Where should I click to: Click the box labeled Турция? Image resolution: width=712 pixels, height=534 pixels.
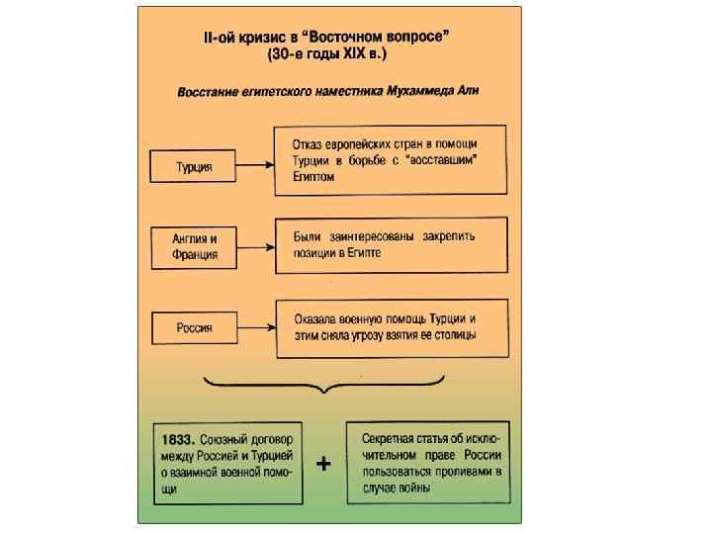coord(194,166)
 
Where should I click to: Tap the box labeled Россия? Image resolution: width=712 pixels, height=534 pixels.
coord(194,327)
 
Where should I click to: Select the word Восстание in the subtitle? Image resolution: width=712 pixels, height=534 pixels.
coord(212,91)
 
